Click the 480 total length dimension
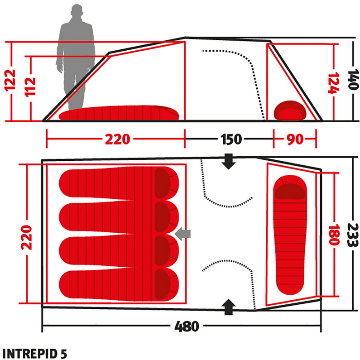click(x=187, y=326)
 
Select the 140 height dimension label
click(x=353, y=79)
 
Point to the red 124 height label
click(x=333, y=83)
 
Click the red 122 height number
click(x=10, y=80)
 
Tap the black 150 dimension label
click(x=231, y=139)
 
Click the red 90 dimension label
click(x=295, y=139)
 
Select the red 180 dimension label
click(x=334, y=235)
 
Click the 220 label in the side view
click(x=118, y=139)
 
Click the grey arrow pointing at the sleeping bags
click(x=183, y=234)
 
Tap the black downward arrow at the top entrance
click(x=228, y=161)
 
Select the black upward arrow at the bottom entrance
click(x=228, y=307)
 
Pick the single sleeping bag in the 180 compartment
click(x=290, y=235)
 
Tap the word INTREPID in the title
click(x=29, y=354)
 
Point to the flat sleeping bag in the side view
click(x=119, y=113)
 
